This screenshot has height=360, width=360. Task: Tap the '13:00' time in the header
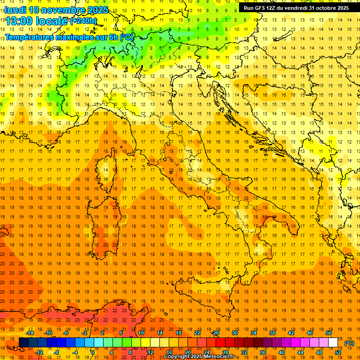(18, 21)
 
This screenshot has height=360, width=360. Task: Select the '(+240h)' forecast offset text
(83, 21)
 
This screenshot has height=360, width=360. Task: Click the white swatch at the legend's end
(333, 342)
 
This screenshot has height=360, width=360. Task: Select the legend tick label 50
(329, 333)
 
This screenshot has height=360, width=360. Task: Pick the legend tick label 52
(338, 352)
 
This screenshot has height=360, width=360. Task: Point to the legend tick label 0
(93, 352)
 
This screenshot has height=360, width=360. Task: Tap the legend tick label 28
(225, 352)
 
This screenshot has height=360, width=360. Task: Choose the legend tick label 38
(272, 333)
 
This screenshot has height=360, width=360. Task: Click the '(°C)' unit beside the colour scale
(349, 343)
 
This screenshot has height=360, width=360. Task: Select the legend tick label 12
(150, 352)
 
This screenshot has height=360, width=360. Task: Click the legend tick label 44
(300, 352)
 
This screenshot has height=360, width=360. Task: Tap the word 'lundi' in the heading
(15, 10)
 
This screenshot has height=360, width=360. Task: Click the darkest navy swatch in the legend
(23, 342)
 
